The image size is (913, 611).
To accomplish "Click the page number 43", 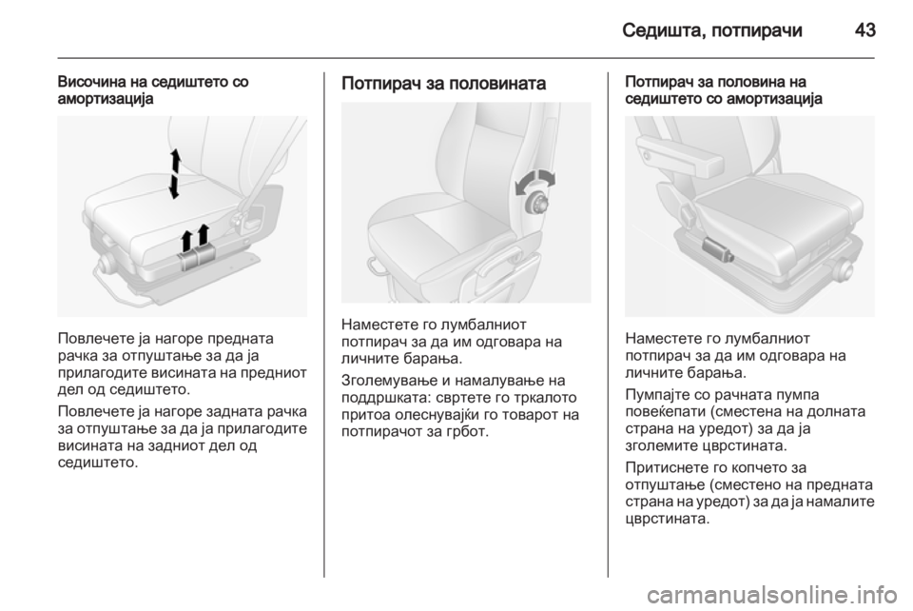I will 864,30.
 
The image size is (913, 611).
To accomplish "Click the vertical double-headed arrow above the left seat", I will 174,173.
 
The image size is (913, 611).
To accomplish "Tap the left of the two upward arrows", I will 187,240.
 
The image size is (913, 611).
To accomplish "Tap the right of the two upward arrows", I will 204,235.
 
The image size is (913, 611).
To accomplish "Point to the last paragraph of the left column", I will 181,437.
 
